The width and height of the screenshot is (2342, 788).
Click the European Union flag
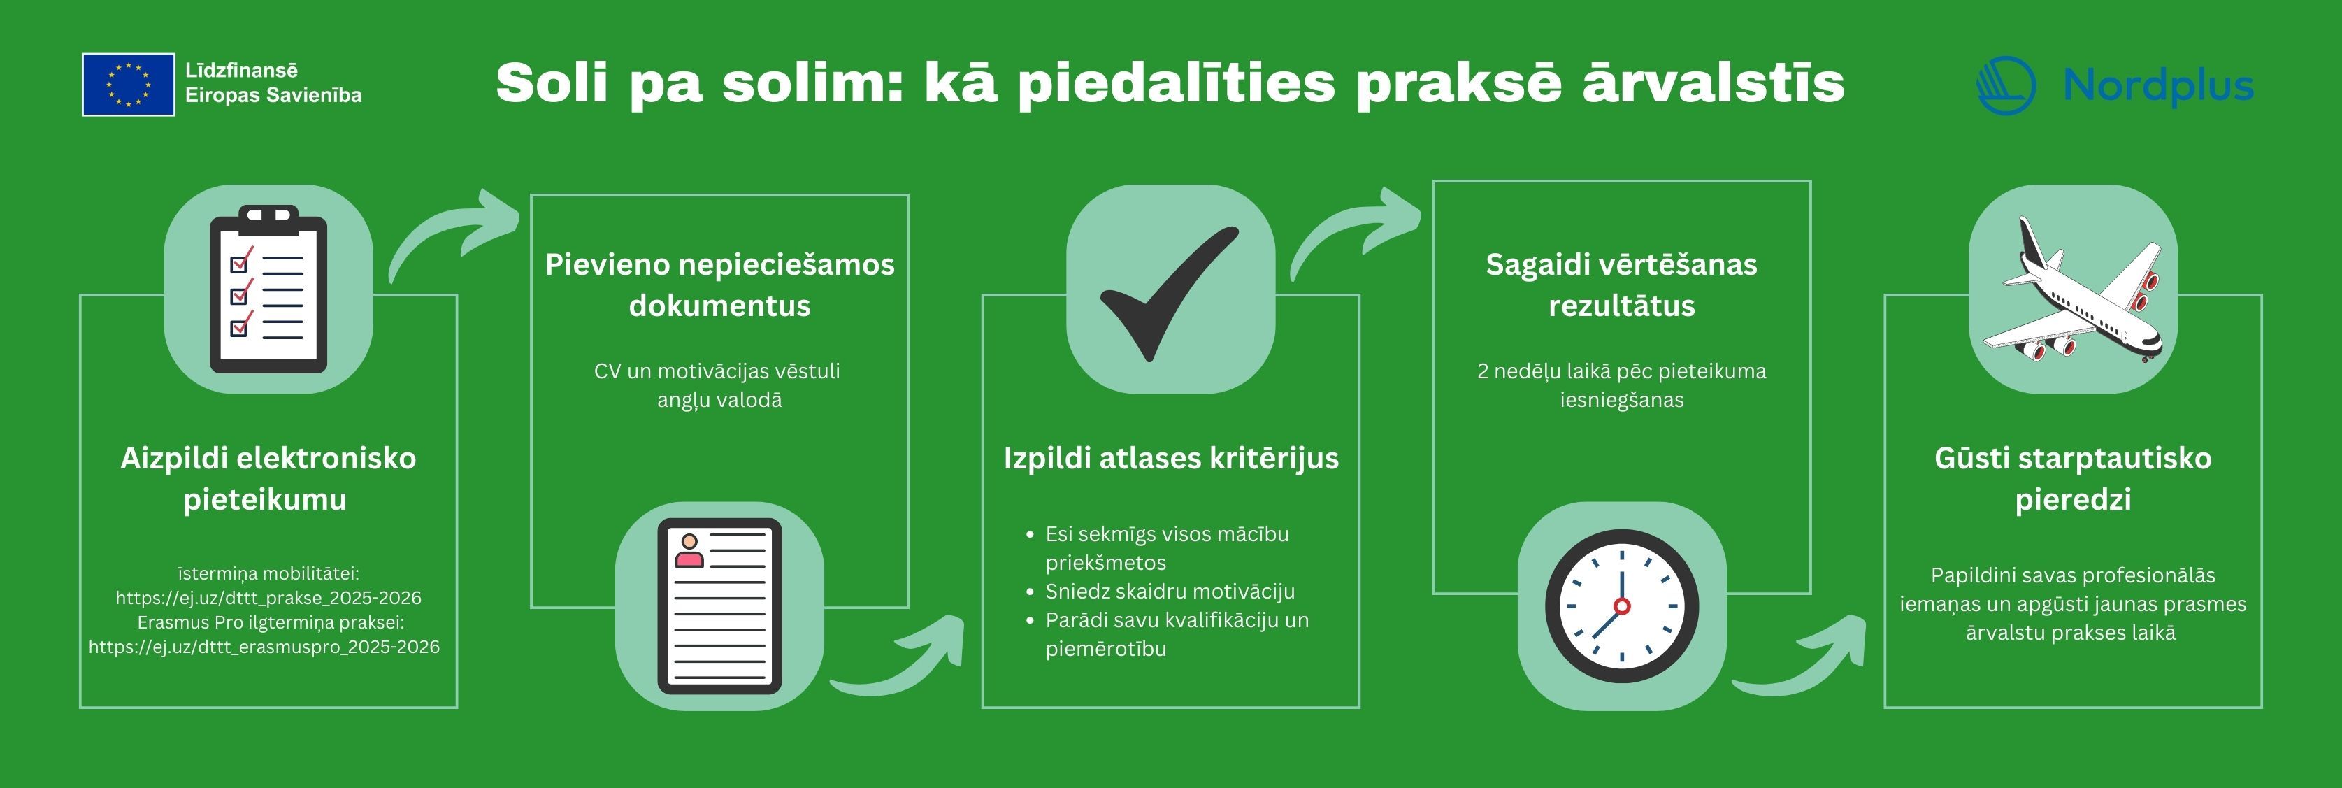tap(128, 85)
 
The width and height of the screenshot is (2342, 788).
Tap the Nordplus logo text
tap(2157, 86)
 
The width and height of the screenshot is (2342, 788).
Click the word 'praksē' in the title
tap(1458, 85)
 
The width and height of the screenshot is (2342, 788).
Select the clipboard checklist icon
tap(268, 289)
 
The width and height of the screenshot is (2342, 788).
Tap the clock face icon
tap(1622, 606)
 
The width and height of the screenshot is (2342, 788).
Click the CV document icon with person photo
tap(719, 606)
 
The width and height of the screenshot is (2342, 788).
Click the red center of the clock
tap(1622, 606)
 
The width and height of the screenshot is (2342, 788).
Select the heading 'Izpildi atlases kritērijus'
tap(1171, 458)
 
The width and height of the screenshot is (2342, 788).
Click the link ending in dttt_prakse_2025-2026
tap(268, 598)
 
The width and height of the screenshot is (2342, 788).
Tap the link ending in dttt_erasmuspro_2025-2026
tap(264, 647)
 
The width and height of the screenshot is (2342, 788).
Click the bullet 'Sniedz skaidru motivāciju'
tap(1170, 592)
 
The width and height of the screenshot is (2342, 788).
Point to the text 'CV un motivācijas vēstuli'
tap(717, 371)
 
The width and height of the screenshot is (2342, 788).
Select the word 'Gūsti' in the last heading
tap(1971, 458)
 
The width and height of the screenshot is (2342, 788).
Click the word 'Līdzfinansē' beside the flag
tap(242, 70)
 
